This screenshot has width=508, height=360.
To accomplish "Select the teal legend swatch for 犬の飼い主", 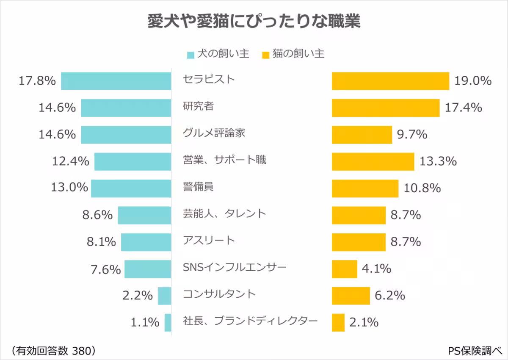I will [x=190, y=55].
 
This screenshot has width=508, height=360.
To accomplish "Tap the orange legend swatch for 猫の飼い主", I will [x=266, y=55].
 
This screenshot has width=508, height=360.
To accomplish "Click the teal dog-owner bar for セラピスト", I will [x=116, y=81].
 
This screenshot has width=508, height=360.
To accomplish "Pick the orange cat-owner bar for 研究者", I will [x=386, y=108].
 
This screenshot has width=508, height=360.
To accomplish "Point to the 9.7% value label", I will [x=412, y=135].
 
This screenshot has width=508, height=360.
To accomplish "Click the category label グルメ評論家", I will [x=214, y=133].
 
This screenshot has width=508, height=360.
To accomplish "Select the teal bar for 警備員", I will [x=131, y=188].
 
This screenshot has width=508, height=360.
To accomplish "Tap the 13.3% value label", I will [x=438, y=161].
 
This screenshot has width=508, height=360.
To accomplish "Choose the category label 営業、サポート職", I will [x=224, y=160].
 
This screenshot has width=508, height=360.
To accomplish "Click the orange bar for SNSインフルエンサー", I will [x=345, y=269].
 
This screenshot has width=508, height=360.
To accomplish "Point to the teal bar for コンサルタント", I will [x=164, y=296].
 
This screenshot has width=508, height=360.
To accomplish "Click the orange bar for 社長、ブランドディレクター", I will [x=338, y=322].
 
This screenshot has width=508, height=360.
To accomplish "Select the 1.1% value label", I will [x=145, y=323].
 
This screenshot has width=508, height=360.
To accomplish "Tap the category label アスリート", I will [x=209, y=241].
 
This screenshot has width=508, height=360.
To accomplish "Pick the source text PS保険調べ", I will [x=475, y=350].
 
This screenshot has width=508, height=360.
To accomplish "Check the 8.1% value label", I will [x=101, y=242].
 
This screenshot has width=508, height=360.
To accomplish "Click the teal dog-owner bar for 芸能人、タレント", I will [x=144, y=215].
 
